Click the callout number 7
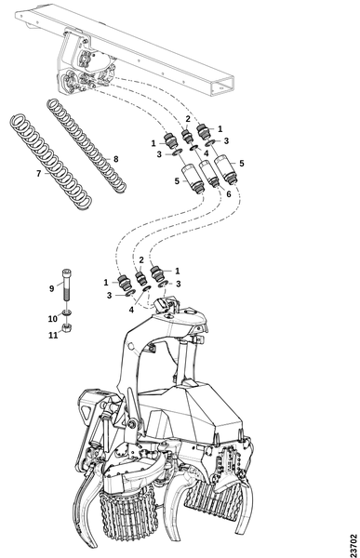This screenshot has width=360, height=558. coord(39,174)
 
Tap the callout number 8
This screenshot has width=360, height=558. coord(115,159)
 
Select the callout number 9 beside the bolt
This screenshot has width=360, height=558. coord(52,288)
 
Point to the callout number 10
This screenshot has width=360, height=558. coord(53,319)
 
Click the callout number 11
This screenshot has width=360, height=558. coord(53,335)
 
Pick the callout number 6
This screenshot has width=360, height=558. coord(228,194)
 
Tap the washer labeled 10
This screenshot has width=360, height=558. coord(67,312)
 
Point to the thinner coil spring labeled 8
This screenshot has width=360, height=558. coord(87,146)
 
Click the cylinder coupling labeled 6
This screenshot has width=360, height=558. coord(209,174)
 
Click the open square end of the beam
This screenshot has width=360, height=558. coord(223,86)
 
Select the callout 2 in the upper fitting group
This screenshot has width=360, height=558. coord(188,119)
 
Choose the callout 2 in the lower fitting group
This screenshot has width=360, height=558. coord(141,259)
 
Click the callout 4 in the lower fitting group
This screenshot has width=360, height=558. coord(131,310)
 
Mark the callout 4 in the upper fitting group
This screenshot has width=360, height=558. coord(207,153)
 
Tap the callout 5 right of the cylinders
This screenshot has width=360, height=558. coord(242,164)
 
